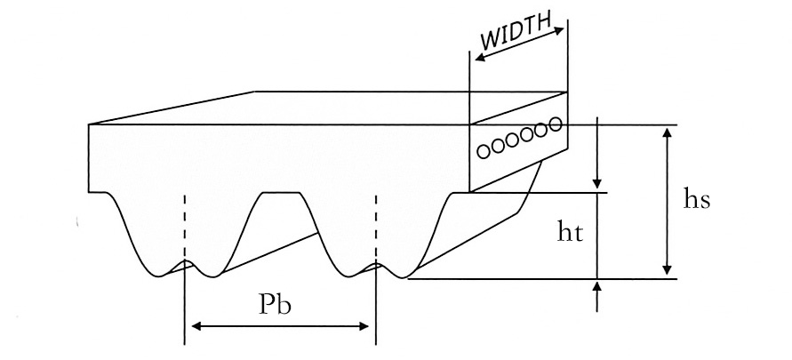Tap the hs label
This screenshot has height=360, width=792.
click(696, 199)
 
